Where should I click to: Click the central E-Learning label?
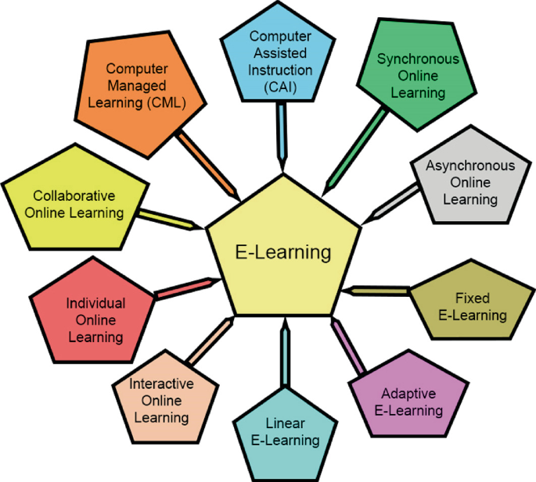click(x=283, y=252)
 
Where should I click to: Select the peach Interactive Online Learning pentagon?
click(x=161, y=400)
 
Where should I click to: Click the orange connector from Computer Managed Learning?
click(x=207, y=166)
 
